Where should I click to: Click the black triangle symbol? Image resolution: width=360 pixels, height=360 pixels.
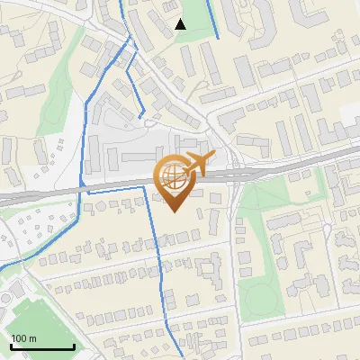tap(181, 24)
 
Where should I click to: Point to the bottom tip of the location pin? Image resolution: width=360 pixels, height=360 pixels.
tap(175, 212)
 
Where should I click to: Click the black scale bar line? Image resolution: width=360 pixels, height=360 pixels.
tap(41, 347)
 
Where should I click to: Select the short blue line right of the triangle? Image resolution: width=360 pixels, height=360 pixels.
tap(214, 18)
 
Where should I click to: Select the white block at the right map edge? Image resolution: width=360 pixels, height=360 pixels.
tap(353, 121)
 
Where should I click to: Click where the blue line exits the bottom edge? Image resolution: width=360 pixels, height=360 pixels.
tap(171, 357)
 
